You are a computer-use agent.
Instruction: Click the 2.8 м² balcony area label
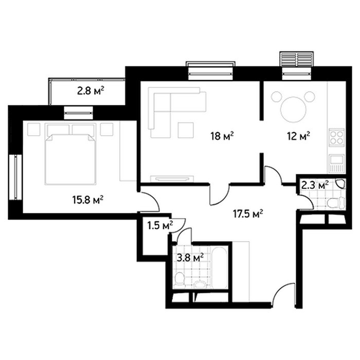point(91,91)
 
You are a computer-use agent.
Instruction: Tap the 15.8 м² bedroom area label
point(88,200)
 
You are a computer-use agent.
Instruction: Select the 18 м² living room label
point(222,136)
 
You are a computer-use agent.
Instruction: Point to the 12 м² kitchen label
point(298,136)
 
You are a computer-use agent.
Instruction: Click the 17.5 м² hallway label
point(248,214)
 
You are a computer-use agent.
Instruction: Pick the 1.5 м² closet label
point(160,225)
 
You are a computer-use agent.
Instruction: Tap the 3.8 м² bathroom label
point(190,258)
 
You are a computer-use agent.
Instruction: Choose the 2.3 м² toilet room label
point(315,185)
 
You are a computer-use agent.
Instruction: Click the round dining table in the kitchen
point(294,110)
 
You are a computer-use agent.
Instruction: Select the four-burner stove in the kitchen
point(336,137)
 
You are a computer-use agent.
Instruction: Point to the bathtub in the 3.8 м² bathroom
point(219,267)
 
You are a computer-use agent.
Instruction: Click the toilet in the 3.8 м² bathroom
point(179,280)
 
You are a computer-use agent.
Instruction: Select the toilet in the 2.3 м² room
point(336,202)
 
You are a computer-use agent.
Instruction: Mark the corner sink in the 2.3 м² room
point(340,184)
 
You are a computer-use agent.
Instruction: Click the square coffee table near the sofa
point(186,130)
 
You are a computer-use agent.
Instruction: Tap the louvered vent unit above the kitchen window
point(296,59)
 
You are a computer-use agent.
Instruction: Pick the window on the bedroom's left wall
point(15,177)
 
